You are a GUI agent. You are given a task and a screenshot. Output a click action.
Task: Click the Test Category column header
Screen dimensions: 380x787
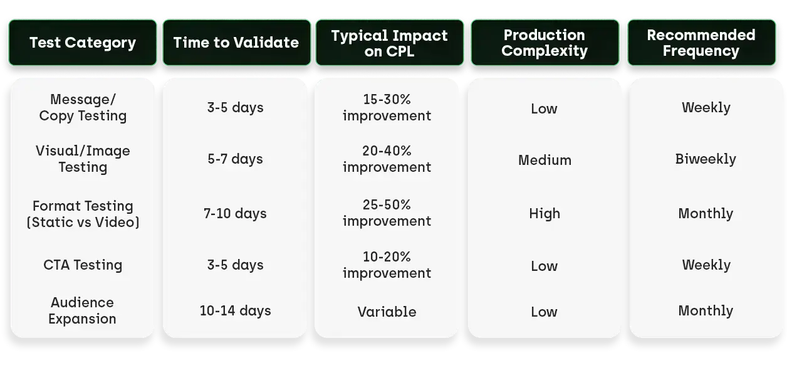82,43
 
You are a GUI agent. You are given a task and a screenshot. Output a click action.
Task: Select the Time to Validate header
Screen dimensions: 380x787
236,43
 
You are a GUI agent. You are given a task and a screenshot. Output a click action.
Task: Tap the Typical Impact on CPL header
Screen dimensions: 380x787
389,43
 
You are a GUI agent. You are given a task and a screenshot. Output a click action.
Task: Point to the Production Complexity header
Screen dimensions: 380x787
544,43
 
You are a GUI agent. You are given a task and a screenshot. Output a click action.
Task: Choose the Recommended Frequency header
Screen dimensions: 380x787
701,43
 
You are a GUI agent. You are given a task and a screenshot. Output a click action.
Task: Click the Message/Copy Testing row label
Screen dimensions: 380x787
83,107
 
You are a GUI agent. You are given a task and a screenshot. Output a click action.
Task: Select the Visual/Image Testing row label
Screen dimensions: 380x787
83,159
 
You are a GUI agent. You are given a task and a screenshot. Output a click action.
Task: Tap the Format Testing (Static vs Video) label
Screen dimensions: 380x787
83,214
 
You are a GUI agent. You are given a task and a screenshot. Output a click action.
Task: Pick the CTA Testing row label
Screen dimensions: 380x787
83,265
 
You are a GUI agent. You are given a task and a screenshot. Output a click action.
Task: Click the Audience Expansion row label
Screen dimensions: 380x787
83,310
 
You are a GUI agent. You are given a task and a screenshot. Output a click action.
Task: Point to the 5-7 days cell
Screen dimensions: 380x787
235,159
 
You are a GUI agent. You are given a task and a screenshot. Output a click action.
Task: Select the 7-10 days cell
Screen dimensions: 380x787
235,214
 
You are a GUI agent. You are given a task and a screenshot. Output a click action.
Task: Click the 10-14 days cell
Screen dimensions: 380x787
235,310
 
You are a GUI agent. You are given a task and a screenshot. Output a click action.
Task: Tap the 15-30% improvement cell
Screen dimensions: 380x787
387,107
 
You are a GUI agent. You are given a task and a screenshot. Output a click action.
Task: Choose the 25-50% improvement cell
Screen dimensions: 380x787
387,213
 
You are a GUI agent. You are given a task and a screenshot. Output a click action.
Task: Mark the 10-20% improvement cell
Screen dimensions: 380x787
387,265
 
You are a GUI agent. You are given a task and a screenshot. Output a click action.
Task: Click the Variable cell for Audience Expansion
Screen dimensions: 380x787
387,312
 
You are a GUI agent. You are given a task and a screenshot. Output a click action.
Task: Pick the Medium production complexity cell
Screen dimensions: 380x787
545,160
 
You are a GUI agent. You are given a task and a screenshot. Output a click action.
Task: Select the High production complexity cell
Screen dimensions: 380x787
545,214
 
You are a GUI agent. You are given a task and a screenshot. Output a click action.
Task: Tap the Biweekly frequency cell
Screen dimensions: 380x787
706,159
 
